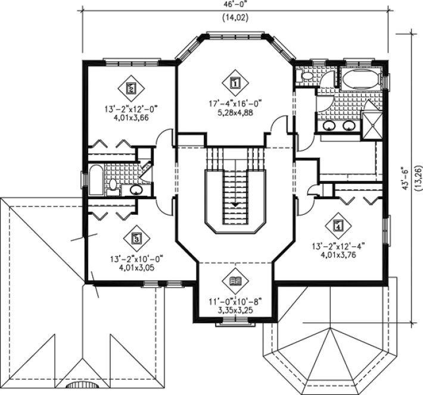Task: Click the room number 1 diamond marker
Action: [x=235, y=83]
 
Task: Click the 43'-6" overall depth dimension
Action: [x=408, y=176]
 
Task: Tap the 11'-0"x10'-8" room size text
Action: [x=234, y=301]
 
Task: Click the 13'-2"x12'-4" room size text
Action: [x=338, y=244]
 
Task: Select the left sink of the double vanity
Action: [x=328, y=126]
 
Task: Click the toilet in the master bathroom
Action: [x=306, y=76]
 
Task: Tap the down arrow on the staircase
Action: [x=235, y=204]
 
